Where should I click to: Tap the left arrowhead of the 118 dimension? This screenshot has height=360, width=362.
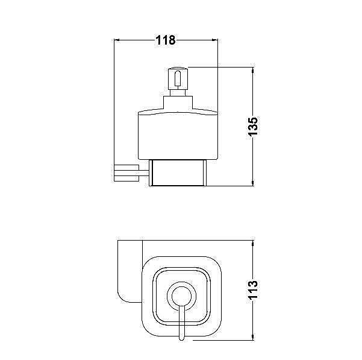pyautogui.click(x=117, y=40)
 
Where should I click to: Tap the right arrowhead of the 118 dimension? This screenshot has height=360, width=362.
pyautogui.click(x=215, y=40)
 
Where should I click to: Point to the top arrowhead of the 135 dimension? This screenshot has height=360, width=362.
pyautogui.click(x=253, y=70)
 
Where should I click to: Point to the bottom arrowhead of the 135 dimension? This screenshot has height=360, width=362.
pyautogui.click(x=253, y=183)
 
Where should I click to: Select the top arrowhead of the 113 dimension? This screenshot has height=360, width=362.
pyautogui.click(x=253, y=244)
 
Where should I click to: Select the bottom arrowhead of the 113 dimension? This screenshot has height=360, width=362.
pyautogui.click(x=253, y=337)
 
